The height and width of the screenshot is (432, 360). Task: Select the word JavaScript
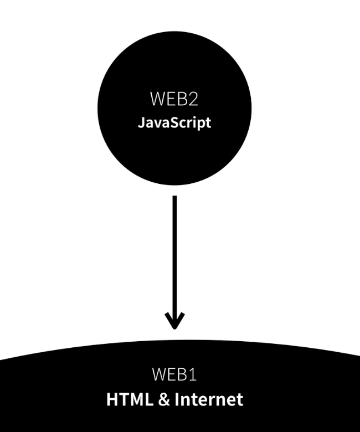pos(174,122)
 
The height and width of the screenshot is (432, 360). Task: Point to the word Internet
pos(209,399)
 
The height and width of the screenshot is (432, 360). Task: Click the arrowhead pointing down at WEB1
pos(174,321)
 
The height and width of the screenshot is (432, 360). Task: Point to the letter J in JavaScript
pos(141,122)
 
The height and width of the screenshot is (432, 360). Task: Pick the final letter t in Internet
pos(240,399)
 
